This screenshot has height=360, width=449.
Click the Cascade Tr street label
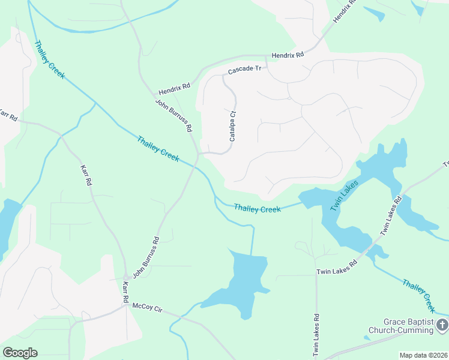pos(244,70)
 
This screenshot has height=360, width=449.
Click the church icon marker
pos(442,325)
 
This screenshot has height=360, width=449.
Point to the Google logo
pos(20,353)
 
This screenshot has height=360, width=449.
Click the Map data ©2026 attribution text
pos(424,355)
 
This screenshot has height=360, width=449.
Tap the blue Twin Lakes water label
pos(345,195)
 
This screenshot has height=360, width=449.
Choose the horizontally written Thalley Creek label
pos(257,208)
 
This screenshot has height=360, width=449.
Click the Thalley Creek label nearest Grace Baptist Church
pos(418,296)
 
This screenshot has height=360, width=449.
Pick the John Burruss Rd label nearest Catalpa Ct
pos(174,116)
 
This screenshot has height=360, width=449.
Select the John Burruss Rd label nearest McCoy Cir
pos(146,257)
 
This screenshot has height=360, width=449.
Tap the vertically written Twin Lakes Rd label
pos(316,335)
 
